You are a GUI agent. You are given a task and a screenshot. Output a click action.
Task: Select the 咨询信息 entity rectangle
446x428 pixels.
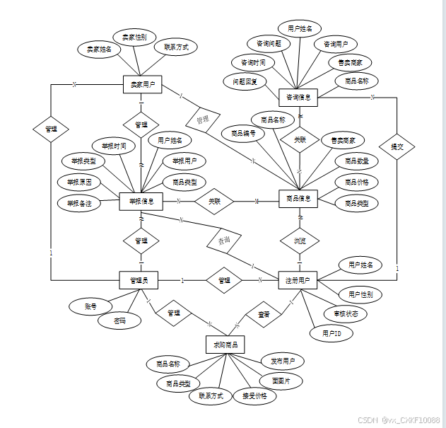tap(298, 96)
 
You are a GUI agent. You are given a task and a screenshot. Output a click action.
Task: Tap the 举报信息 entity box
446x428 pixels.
tap(141, 201)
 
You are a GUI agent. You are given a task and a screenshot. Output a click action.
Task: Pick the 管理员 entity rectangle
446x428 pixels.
tap(139, 281)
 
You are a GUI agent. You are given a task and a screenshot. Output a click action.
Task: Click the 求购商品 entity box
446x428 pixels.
tap(225, 345)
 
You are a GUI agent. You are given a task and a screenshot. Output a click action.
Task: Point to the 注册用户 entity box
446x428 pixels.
tap(298, 281)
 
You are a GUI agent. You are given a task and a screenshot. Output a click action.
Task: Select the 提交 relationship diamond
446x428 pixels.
tap(397, 146)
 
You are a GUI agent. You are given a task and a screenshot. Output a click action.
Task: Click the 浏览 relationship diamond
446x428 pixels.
tap(300, 241)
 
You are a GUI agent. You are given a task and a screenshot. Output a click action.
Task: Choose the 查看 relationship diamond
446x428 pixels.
tap(264, 313)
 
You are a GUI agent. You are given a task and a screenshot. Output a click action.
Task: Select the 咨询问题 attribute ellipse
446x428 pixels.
tap(269, 43)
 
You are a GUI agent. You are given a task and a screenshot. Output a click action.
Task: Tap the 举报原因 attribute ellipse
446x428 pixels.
tap(78, 183)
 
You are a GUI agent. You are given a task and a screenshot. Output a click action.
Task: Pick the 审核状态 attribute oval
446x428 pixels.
tap(346, 313)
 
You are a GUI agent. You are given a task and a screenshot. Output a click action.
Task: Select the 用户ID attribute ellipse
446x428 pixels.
tap(331, 332)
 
